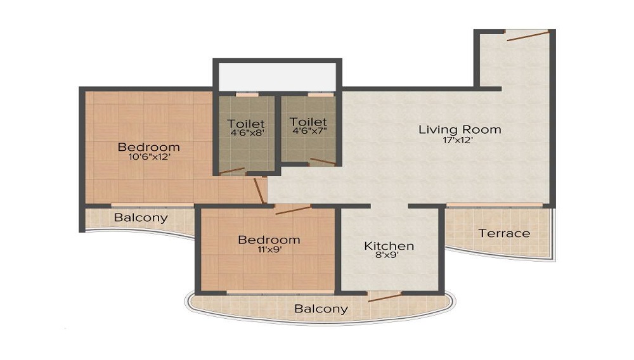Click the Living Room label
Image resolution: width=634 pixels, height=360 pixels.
[x=460, y=129]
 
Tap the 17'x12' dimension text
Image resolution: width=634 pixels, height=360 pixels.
[x=460, y=141]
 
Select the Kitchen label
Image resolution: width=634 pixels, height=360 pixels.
[x=389, y=246]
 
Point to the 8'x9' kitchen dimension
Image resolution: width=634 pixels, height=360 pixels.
[x=389, y=257]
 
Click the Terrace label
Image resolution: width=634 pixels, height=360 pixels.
[x=504, y=233]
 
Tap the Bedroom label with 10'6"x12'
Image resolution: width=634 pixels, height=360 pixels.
[x=149, y=147]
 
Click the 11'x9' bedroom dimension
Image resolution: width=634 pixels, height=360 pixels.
[x=269, y=250]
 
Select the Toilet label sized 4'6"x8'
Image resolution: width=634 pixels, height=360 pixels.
[x=247, y=123]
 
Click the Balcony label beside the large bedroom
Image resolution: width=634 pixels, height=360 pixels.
[x=141, y=217]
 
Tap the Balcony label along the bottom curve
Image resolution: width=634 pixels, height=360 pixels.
[x=321, y=309]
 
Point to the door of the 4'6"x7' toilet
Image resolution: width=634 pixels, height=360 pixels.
[x=323, y=161]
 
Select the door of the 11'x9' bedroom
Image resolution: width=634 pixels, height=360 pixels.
[x=293, y=210]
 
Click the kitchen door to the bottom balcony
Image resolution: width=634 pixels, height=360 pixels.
[x=385, y=296]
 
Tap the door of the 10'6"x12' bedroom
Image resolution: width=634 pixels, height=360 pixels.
[x=259, y=190]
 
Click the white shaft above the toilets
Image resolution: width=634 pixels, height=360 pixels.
[x=277, y=77]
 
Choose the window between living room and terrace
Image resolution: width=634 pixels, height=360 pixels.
[x=495, y=205]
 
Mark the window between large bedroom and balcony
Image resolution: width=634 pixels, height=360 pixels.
[x=152, y=205]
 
